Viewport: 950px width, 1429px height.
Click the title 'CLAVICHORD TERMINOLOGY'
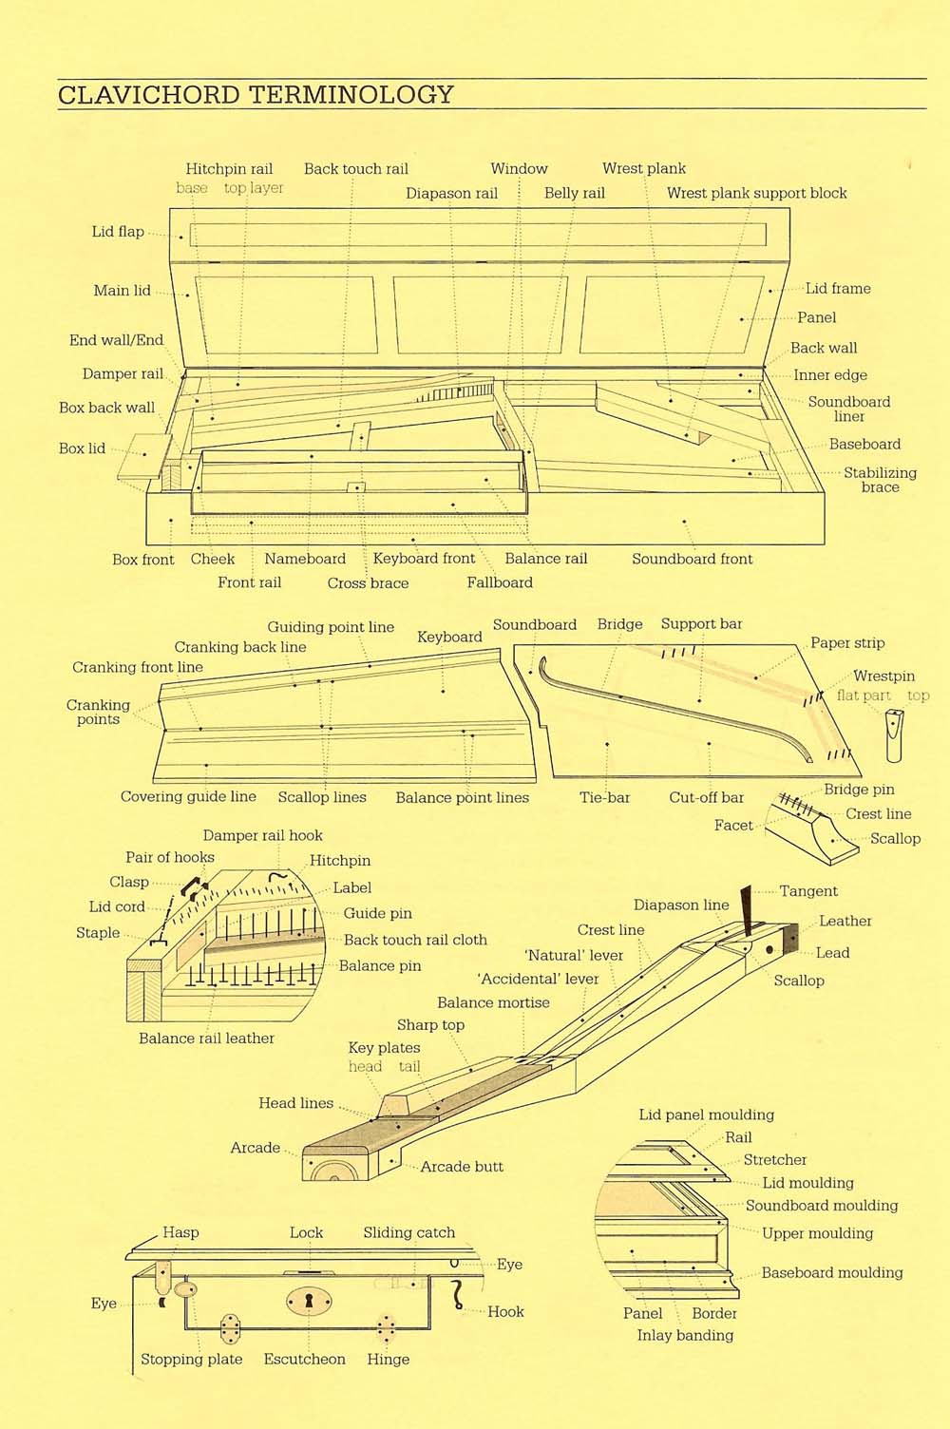pos(256,95)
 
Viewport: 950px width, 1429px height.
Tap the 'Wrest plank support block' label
pos(756,193)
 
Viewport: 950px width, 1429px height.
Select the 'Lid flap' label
pos(118,232)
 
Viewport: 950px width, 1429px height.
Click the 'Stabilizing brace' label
pos(880,480)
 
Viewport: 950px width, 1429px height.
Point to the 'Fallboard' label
pos(500,582)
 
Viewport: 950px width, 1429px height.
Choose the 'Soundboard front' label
pos(692,559)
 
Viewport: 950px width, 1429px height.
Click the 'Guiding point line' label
pos(331,627)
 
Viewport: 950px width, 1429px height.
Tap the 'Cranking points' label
pos(98,712)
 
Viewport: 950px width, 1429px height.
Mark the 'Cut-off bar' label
pos(706,797)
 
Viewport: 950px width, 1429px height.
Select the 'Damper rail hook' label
pos(262,836)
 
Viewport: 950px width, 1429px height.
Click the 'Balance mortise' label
pos(493,1002)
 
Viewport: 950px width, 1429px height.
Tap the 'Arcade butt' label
pos(462,1167)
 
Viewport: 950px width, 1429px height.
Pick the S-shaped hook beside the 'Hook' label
pos(457,1295)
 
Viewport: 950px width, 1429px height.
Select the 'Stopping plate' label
pos(191,1360)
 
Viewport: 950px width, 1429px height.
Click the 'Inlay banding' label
pos(685,1335)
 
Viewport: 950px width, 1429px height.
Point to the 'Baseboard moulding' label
pos(831,1273)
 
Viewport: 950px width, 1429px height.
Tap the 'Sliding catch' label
pos(408,1233)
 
